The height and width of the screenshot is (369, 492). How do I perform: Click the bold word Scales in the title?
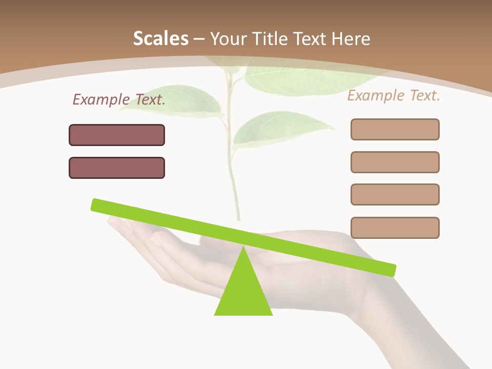click(x=160, y=38)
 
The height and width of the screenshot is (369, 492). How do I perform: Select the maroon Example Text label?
click(x=119, y=99)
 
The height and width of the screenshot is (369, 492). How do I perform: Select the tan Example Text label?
click(x=394, y=95)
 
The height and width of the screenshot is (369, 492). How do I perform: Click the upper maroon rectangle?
click(x=117, y=135)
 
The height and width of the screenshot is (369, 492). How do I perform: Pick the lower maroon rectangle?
click(x=117, y=168)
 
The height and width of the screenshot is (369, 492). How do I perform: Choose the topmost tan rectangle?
click(x=395, y=129)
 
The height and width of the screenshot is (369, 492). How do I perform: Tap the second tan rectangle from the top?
click(x=395, y=162)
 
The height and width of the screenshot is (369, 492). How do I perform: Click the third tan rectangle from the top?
click(x=395, y=194)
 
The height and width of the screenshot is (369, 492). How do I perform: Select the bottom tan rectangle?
click(x=395, y=228)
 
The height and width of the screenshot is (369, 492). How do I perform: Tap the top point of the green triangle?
click(x=243, y=248)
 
